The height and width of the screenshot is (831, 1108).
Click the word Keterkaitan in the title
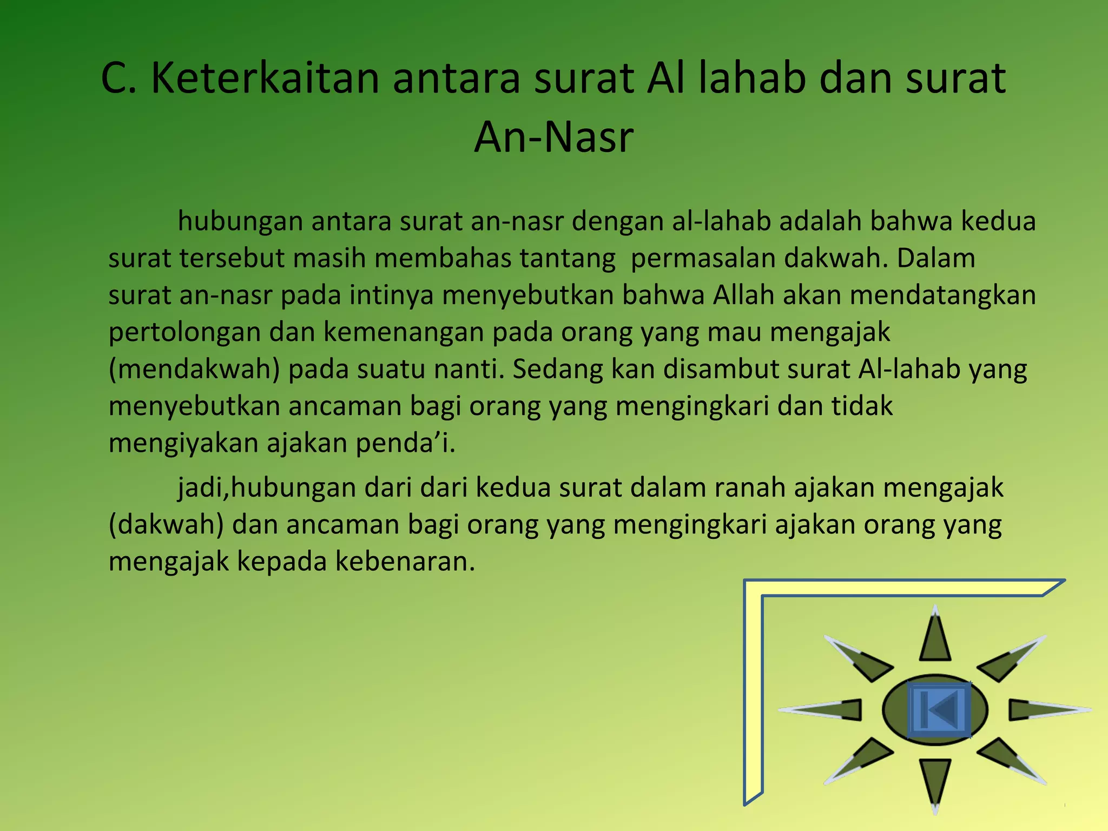point(265,78)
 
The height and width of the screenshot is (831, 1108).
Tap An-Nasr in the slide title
point(553,137)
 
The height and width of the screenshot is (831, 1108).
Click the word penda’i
point(405,443)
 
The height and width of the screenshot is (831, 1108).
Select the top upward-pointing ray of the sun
point(935,638)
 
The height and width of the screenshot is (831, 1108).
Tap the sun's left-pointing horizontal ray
point(828,710)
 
